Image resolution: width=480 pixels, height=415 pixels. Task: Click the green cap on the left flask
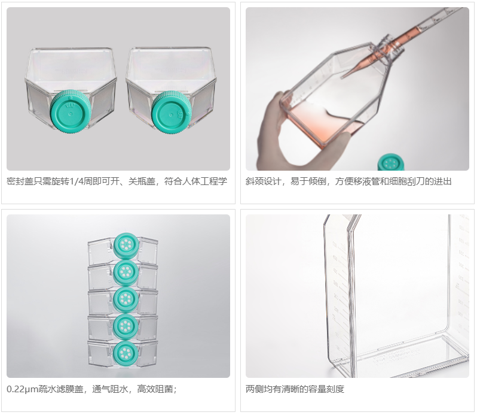pos(71,110)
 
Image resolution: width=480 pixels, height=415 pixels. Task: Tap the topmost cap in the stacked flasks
pos(126,245)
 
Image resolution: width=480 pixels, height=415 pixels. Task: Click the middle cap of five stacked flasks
pos(126,299)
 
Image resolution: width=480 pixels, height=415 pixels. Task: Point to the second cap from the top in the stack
pos(126,272)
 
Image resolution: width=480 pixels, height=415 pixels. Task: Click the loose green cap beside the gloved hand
pos(391,162)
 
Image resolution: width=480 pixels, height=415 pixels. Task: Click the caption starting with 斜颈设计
pos(348,181)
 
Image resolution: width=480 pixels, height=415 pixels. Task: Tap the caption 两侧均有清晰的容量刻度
pos(295,389)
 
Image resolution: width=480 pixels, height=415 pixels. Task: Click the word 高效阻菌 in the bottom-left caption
pos(155,389)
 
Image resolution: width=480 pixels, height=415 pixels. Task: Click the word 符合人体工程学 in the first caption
pos(195,181)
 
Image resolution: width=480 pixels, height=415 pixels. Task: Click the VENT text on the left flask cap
pos(70,106)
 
